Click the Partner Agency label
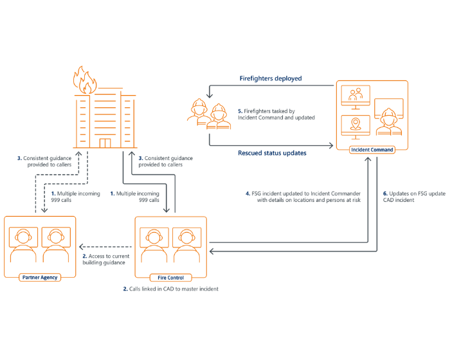click(x=40, y=277)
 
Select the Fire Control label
click(x=171, y=278)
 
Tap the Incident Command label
click(x=372, y=150)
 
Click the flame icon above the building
click(x=85, y=80)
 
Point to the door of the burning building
click(x=105, y=143)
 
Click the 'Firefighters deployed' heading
click(x=271, y=78)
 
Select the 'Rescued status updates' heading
click(x=272, y=153)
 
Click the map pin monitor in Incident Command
click(x=355, y=127)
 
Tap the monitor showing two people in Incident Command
click(x=355, y=97)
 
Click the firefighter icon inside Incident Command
click(x=389, y=122)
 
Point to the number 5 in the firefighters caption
click(x=240, y=111)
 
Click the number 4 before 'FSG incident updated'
click(x=248, y=194)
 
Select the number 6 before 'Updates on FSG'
click(x=385, y=194)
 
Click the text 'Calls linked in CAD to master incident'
click(x=174, y=289)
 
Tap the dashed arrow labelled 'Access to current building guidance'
click(x=105, y=247)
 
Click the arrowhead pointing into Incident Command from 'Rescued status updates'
click(x=331, y=145)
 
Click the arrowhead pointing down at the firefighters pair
click(x=210, y=95)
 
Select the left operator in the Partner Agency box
click(x=23, y=245)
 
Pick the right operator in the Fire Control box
click(x=187, y=245)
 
